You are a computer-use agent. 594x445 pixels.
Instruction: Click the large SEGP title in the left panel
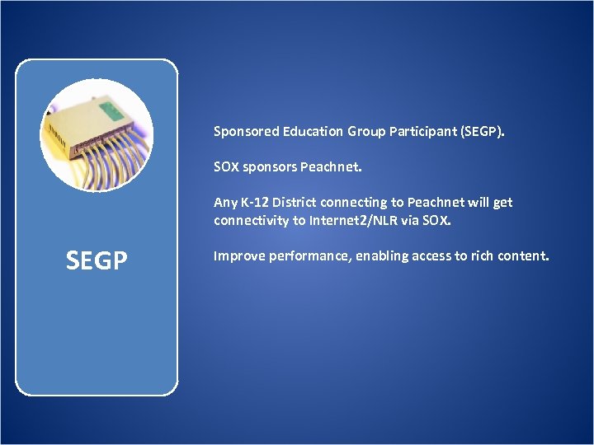(97, 261)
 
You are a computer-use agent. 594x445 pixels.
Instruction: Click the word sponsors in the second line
(269, 167)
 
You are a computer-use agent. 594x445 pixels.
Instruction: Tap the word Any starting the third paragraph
(224, 203)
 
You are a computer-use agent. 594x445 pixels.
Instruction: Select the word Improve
(238, 256)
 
